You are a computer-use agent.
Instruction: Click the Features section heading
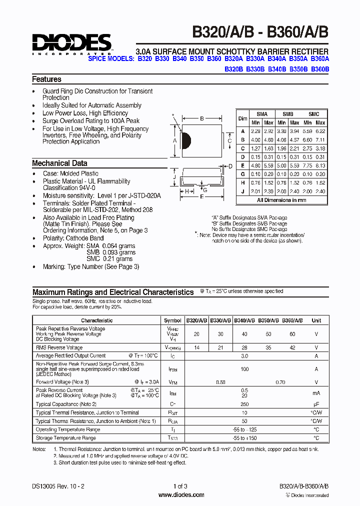46,79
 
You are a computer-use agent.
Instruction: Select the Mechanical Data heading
59,163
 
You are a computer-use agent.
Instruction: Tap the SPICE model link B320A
233,59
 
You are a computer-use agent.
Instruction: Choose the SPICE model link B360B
320,69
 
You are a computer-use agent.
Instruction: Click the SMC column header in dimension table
313,114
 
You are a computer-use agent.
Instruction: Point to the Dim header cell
242,118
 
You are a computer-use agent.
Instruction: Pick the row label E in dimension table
242,165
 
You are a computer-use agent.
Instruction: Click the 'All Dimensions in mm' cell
281,200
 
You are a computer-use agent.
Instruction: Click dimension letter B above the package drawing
202,119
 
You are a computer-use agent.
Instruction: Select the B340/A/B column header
244,320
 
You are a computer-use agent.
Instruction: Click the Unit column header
316,320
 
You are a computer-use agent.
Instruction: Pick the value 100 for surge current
244,369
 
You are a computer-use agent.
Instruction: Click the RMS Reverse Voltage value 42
292,347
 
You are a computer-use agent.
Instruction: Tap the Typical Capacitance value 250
244,404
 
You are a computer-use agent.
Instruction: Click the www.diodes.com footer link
180,495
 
